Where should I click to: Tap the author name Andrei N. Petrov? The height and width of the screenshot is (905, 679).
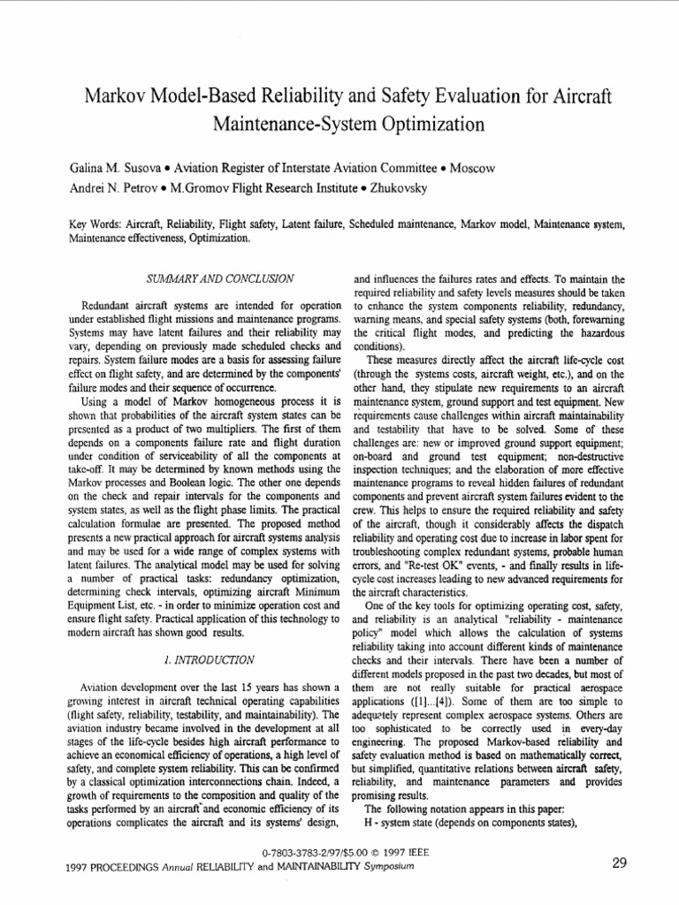[107, 187]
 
